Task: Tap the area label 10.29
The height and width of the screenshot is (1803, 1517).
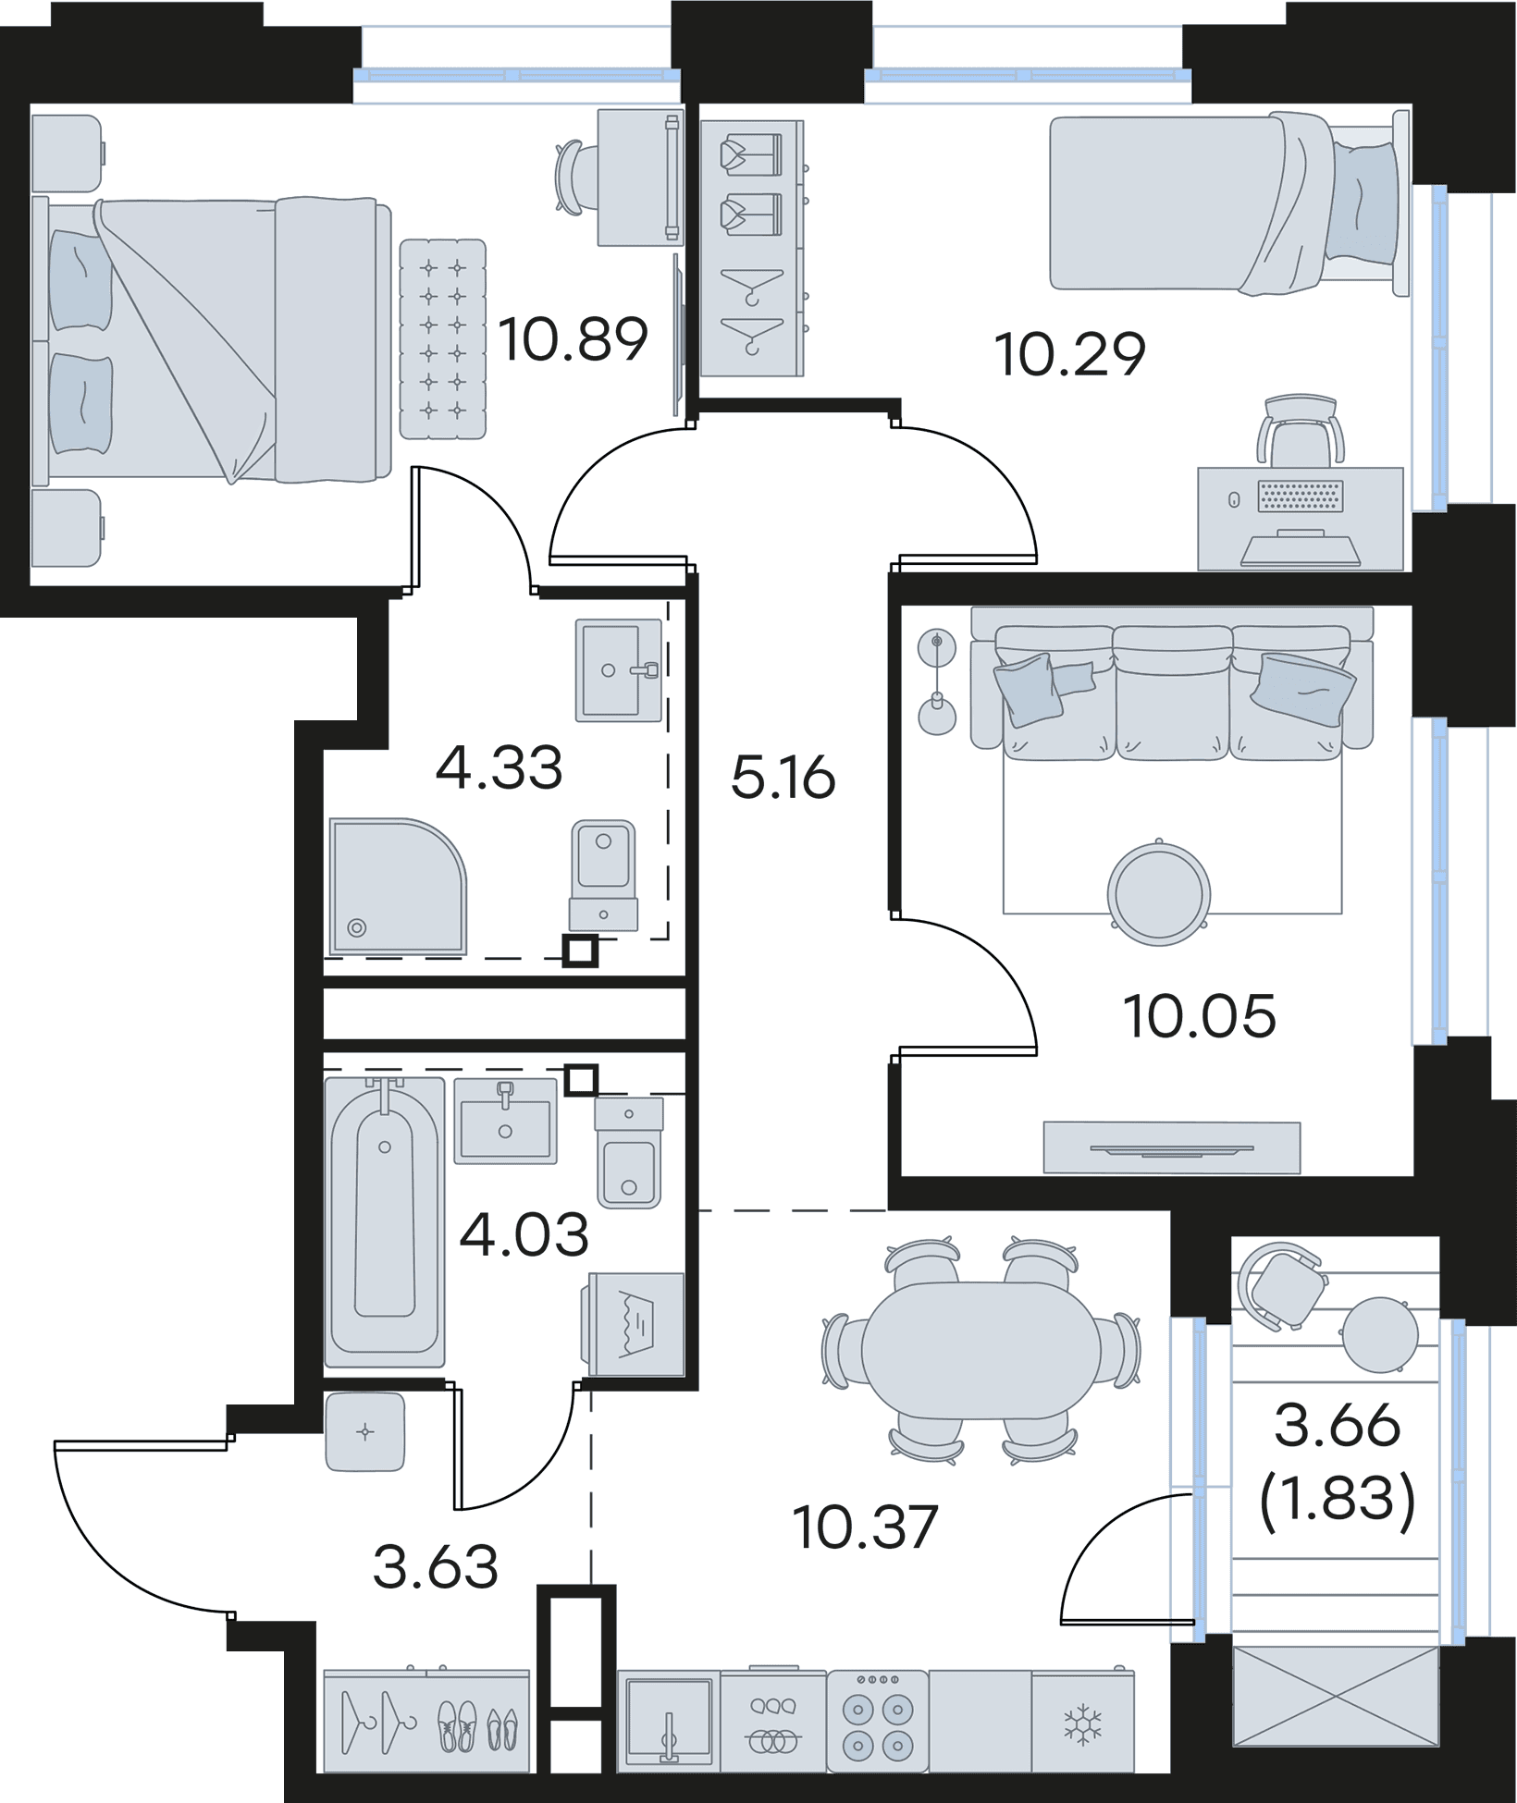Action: [1070, 354]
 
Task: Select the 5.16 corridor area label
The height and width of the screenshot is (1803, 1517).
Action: [783, 778]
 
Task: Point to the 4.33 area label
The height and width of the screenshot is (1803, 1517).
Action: [499, 768]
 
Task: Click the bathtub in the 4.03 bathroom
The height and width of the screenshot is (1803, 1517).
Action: [384, 1221]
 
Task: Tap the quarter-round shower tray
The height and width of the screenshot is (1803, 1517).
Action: [398, 886]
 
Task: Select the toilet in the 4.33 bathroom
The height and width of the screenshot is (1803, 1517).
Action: [603, 875]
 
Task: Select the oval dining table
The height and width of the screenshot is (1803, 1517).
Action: [980, 1350]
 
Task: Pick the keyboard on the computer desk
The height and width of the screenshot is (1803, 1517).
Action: [1300, 497]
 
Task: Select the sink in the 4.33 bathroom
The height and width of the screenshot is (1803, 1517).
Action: [619, 669]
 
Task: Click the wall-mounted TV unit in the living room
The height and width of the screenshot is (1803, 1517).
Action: [1172, 1147]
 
